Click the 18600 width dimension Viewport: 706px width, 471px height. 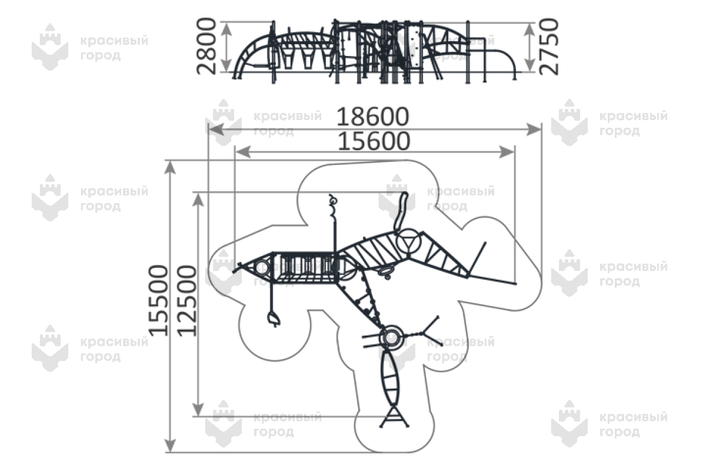[x=372, y=117]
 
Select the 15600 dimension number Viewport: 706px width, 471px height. [x=372, y=141]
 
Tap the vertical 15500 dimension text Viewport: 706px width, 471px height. [x=159, y=300]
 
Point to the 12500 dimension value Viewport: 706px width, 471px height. [x=187, y=300]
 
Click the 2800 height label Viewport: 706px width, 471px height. [x=207, y=46]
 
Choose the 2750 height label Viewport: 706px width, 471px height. [x=548, y=46]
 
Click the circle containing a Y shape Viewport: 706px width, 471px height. [x=407, y=243]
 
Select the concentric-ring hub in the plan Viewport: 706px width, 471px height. [x=390, y=337]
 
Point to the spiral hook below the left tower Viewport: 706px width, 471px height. [x=272, y=320]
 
